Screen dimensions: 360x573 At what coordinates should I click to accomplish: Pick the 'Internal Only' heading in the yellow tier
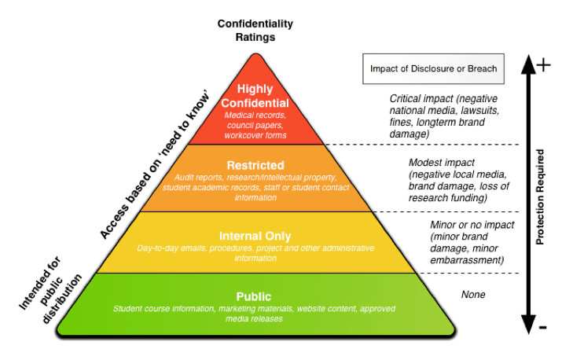point(255,236)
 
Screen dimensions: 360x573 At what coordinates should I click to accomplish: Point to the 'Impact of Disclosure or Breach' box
point(433,68)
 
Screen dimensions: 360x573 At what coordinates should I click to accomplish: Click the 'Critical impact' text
point(424,99)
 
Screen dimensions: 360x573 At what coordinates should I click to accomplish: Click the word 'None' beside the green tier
point(473,295)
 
